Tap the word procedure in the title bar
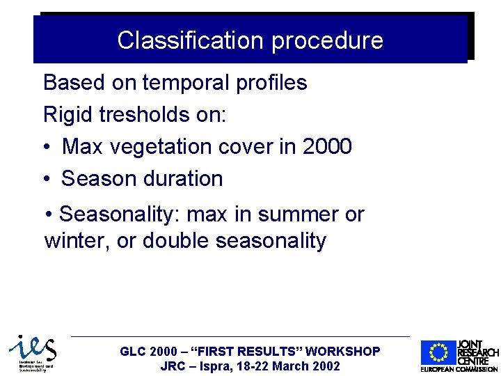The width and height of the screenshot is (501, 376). (x=327, y=40)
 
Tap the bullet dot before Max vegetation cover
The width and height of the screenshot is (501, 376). (x=46, y=148)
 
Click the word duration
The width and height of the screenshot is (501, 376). (x=184, y=179)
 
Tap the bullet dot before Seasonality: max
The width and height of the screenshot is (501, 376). (x=49, y=214)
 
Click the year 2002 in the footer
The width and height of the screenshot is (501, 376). (x=326, y=366)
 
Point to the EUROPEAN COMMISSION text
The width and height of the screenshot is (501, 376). (x=459, y=369)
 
